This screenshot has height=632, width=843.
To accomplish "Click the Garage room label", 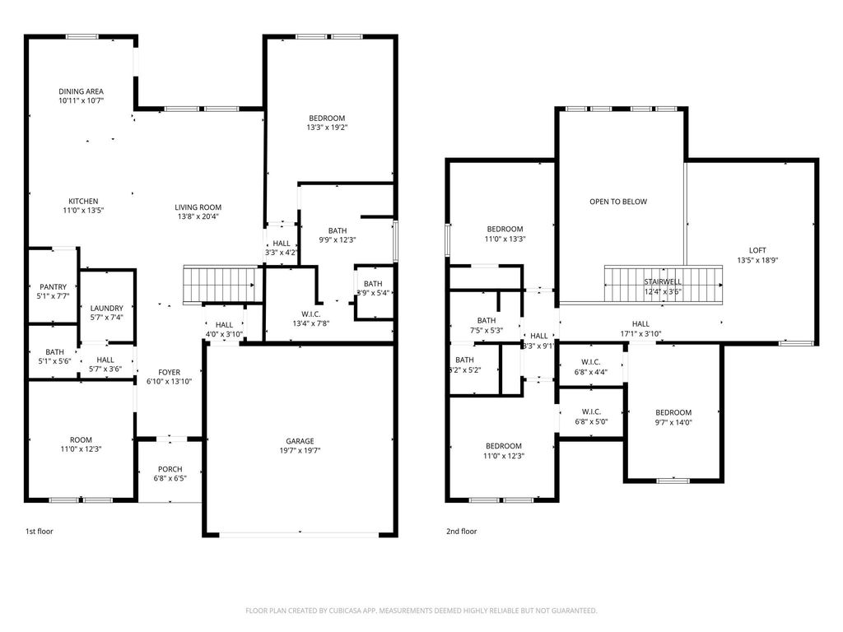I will tap(300, 441).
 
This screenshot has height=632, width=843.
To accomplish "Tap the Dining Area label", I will tap(81, 91).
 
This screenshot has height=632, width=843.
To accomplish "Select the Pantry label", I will tap(54, 287).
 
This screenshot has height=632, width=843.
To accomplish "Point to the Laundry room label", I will tap(107, 308).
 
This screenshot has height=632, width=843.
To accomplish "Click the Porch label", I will tap(170, 469).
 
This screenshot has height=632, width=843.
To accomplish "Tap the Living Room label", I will tap(198, 207).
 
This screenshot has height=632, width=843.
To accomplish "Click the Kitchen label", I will tap(83, 201).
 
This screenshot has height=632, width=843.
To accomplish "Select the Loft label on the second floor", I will tap(757, 250).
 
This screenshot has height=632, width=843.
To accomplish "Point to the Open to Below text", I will tap(618, 202).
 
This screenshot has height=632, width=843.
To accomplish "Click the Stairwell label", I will tap(662, 281).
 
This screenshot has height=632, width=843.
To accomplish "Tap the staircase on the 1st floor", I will tap(219, 286).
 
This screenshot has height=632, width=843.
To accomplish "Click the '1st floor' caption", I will tap(39, 532).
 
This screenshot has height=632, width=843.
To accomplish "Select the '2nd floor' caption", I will tap(461, 532).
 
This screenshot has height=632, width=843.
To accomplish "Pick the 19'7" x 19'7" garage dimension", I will tap(300, 451).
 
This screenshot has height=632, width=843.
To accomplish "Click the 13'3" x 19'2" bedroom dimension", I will tap(327, 128).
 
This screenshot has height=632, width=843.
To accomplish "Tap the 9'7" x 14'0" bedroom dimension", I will tap(673, 423).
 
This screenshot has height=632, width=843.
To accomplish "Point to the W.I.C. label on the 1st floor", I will tap(311, 314).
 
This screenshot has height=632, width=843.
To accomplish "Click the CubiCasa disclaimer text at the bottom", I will tap(421, 611).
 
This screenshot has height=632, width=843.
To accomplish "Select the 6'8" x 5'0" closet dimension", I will tap(591, 422).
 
